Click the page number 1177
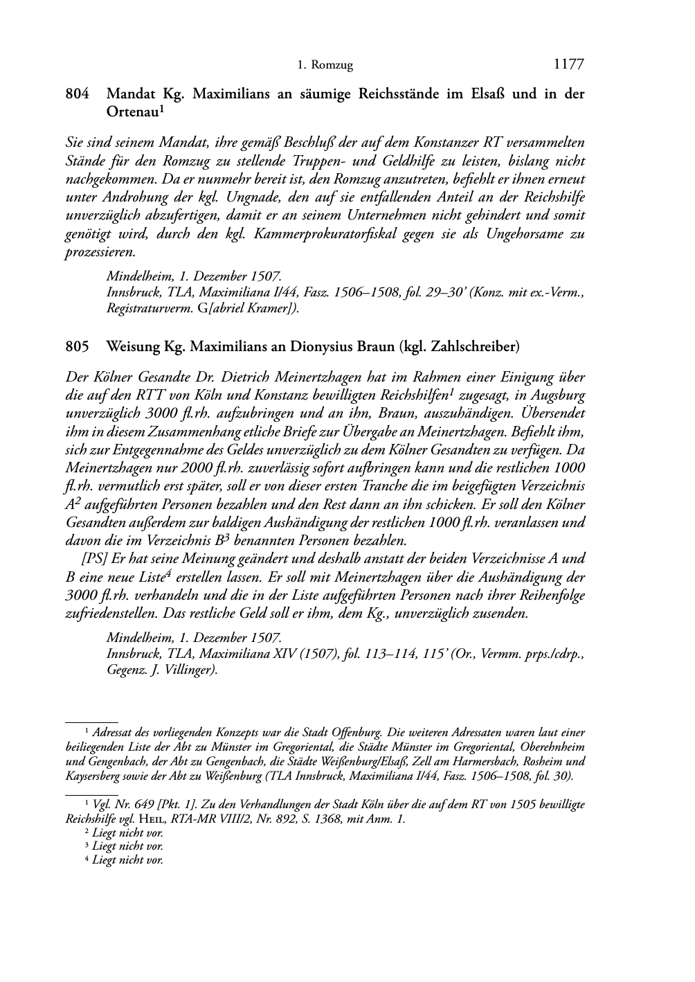click(x=569, y=64)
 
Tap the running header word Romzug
click(x=333, y=66)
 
